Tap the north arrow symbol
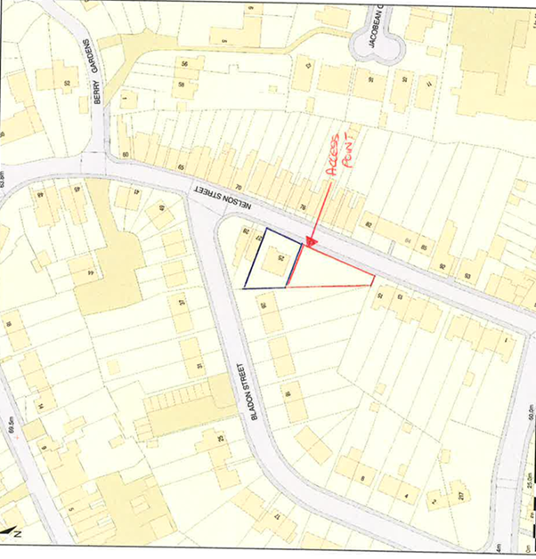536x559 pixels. [11, 532]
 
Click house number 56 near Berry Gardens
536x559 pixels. [185, 65]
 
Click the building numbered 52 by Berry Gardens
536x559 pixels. [66, 84]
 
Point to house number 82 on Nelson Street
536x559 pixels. [368, 223]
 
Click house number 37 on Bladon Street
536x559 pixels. [182, 302]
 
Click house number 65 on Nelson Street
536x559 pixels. [181, 167]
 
